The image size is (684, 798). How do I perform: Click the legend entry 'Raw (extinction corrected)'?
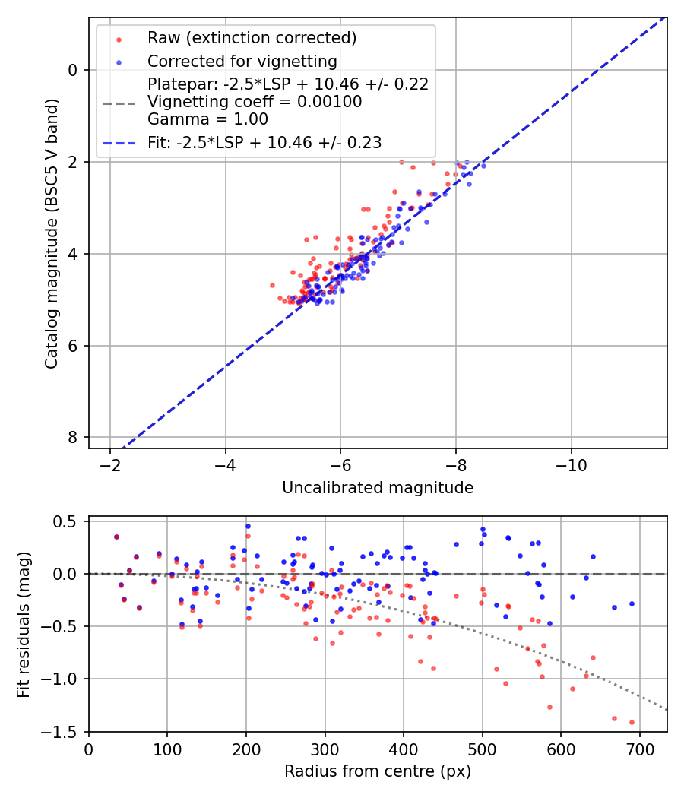pos(252,38)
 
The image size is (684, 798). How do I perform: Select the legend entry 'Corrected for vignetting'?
pos(242,61)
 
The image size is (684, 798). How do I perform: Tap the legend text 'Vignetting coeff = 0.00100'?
pos(255,102)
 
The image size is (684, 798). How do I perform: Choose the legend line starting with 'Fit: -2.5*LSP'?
pos(264,142)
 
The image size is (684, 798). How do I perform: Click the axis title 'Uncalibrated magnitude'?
pos(378,488)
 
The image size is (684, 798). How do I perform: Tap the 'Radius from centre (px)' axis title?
pos(378,771)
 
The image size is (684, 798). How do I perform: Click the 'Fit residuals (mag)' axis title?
pos(24,624)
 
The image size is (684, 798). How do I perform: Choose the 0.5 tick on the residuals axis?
pos(68,521)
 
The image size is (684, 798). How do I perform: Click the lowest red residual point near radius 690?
pos(632,722)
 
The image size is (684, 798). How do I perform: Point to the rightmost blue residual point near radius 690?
pos(632,603)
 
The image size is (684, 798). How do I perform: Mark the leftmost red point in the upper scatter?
pos(272,285)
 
